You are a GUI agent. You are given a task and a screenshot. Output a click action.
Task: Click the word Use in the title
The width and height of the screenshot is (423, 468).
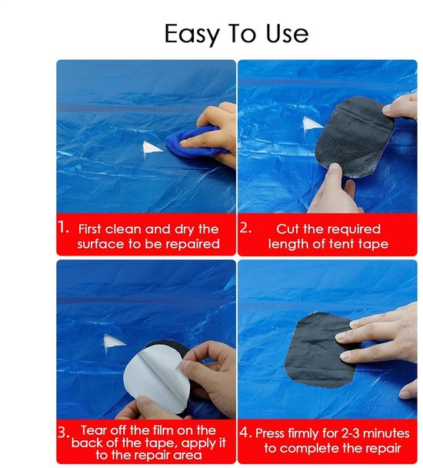[x=287, y=33]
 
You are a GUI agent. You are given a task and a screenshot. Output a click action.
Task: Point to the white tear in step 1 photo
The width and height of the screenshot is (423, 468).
[x=152, y=149]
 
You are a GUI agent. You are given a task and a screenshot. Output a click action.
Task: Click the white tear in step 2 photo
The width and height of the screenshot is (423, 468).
[x=311, y=125]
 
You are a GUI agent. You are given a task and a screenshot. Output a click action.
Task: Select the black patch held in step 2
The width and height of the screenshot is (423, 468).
[x=355, y=136]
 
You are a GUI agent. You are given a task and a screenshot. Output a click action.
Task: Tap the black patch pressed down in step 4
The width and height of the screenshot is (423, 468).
[x=321, y=349]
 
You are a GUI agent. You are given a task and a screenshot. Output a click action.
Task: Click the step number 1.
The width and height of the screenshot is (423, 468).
[x=63, y=227]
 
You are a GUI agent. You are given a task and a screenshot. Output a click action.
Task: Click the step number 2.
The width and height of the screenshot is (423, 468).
[x=246, y=228]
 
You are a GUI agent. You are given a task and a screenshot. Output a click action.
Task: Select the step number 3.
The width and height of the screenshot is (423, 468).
[x=63, y=433]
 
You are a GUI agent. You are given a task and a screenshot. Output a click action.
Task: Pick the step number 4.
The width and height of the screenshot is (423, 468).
[x=245, y=433]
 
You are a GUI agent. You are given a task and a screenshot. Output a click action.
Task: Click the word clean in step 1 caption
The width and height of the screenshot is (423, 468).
[x=123, y=229]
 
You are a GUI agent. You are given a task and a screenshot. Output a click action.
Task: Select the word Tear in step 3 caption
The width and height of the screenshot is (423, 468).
[x=94, y=430]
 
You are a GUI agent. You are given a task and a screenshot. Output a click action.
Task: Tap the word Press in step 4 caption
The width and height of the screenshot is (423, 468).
[x=270, y=433]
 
